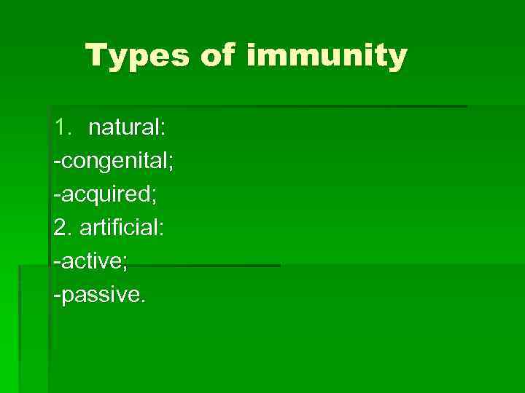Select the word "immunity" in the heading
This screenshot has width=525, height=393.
coord(327,56)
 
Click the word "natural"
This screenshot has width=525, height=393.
coord(125,129)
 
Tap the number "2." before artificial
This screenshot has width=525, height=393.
coord(63,228)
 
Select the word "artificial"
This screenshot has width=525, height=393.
coord(119,228)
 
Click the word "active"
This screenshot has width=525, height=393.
coord(90,261)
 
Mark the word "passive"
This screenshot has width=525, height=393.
coord(99,295)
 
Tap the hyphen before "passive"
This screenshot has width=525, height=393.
coord(57,295)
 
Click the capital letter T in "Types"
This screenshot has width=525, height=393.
coord(96,56)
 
